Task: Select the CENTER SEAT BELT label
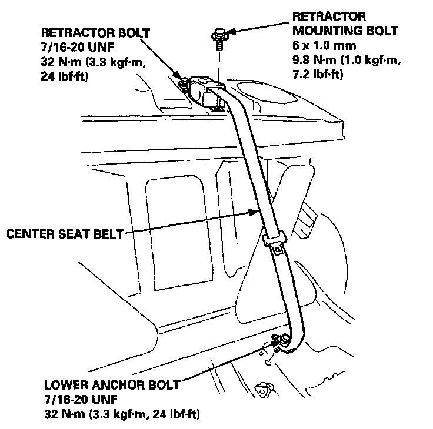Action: [x=65, y=234]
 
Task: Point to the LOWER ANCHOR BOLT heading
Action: [x=112, y=386]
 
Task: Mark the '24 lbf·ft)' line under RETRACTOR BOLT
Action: [x=65, y=76]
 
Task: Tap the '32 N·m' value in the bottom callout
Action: [x=65, y=413]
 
